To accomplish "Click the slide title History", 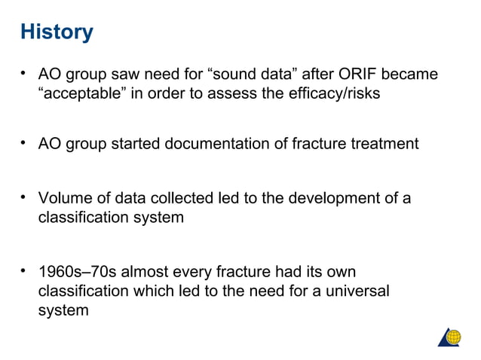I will [x=57, y=32].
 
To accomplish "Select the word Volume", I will [x=64, y=199].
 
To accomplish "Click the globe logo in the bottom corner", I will [x=450, y=337].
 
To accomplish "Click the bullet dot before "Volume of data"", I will [x=24, y=199].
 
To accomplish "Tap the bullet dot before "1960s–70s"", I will [x=24, y=271].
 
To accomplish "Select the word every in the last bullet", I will [x=195, y=271].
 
